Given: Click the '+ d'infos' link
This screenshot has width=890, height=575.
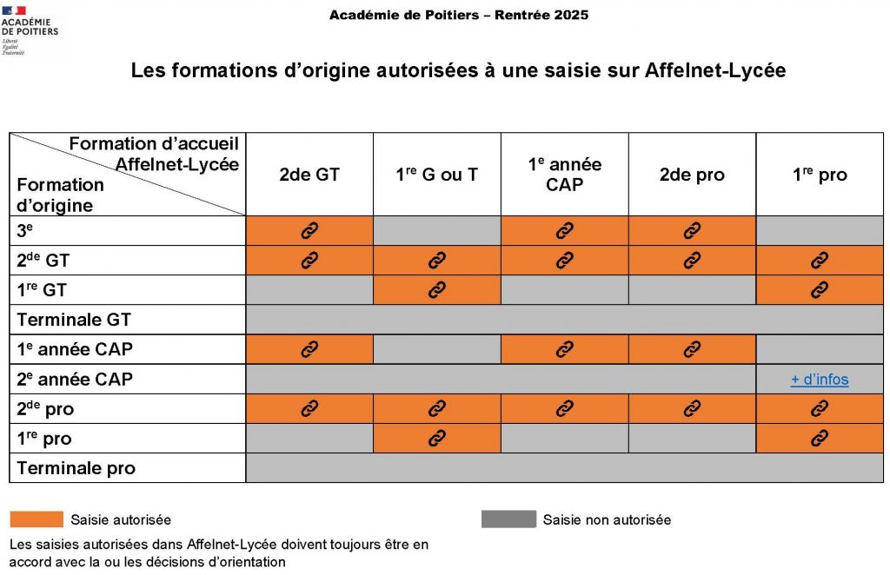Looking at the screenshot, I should tap(819, 380).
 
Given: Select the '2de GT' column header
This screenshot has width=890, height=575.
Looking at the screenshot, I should tap(309, 175).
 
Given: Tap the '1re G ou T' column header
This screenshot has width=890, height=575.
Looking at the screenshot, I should tap(436, 175).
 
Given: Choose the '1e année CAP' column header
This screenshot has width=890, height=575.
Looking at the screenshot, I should tap(564, 175).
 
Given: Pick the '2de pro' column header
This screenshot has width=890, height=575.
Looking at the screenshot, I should tap(692, 175).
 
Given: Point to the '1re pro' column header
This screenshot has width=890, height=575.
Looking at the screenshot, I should tap(819, 175).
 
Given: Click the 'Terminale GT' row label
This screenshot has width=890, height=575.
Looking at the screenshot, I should tap(74, 320).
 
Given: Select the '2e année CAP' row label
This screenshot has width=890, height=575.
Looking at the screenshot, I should tap(75, 380).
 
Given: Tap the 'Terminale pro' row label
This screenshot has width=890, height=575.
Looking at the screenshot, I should tap(76, 468).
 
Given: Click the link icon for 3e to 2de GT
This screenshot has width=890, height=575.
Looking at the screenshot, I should tap(309, 231).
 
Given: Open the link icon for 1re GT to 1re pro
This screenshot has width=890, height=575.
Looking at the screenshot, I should tap(819, 290).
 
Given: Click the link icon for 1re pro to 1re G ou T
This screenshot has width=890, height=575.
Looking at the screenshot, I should tap(436, 439).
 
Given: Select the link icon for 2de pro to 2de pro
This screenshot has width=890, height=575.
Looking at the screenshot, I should tap(692, 409).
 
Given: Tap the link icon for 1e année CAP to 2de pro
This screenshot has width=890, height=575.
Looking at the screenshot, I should tap(692, 349).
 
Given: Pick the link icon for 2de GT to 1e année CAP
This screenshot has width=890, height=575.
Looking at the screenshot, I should tap(564, 260).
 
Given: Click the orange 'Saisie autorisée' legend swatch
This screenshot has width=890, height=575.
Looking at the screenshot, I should tap(37, 519).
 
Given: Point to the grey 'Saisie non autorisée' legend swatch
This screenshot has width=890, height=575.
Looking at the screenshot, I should tap(508, 519).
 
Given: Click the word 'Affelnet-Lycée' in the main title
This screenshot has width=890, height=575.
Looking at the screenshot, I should tap(714, 70).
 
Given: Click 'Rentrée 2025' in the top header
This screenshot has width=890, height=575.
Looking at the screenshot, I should tap(541, 15).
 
